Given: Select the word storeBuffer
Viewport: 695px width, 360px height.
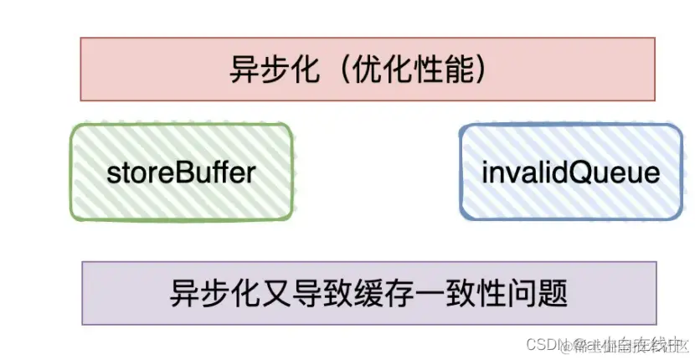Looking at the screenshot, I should [x=181, y=173].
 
